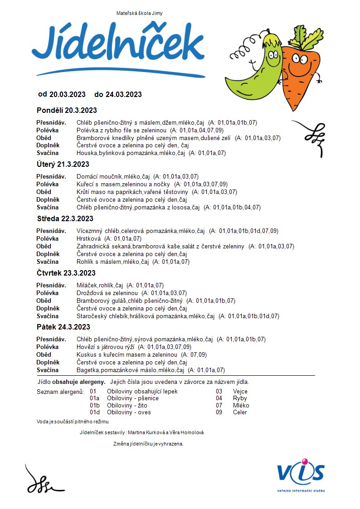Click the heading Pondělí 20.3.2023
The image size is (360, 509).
pyautogui.click(x=66, y=110)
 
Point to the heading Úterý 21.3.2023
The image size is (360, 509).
pyautogui.click(x=63, y=164)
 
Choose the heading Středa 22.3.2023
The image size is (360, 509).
pyautogui.click(x=65, y=218)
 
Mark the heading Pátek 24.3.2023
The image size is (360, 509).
pyautogui.click(x=63, y=327)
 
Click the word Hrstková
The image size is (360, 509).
pyautogui.click(x=89, y=238)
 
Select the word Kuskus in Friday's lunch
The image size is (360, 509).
pyautogui.click(x=86, y=354)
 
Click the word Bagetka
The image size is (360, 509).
pyautogui.click(x=88, y=370)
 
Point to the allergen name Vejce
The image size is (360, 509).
pyautogui.click(x=240, y=391)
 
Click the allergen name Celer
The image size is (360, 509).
pyautogui.click(x=240, y=412)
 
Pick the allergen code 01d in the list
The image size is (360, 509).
pyautogui.click(x=94, y=412)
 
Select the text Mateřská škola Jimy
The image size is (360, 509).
pyautogui.click(x=139, y=14)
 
